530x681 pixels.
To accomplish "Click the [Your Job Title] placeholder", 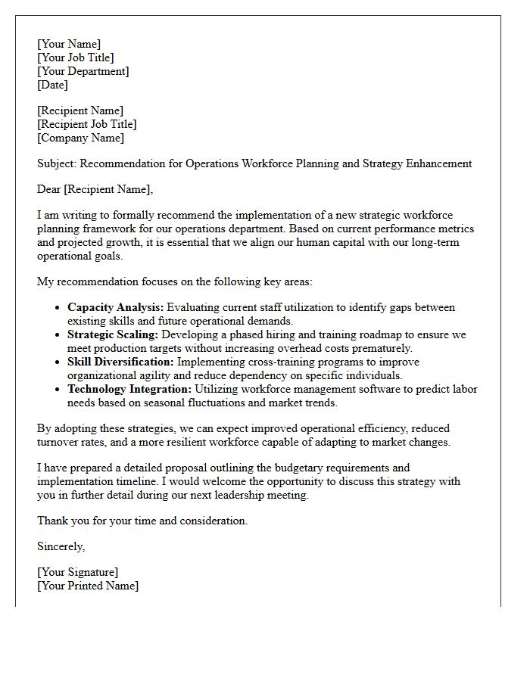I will [76, 58].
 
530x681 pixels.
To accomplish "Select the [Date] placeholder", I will [53, 85].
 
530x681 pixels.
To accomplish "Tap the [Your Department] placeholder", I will [83, 71].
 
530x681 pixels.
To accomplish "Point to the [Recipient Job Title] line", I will [87, 124].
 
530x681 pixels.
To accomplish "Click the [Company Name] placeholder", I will [81, 138].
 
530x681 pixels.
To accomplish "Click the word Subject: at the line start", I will [57, 163].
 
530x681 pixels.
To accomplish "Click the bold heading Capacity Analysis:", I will [115, 307].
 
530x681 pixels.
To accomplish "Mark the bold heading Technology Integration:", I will [129, 389].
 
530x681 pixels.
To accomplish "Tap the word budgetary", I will [315, 468].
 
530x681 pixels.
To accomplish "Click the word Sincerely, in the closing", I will [61, 546].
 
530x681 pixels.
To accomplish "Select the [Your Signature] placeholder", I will [78, 572].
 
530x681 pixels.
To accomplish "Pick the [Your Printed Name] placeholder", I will [88, 586].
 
